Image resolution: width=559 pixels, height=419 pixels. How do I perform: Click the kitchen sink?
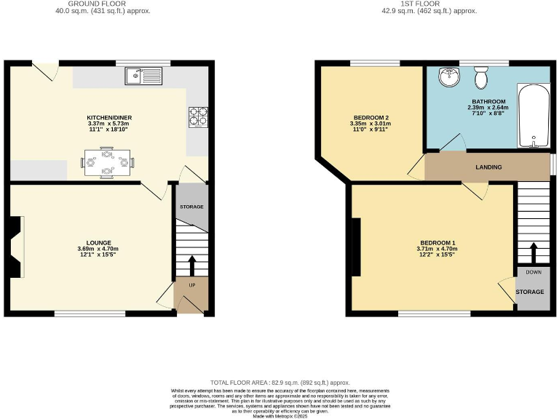click(144, 75)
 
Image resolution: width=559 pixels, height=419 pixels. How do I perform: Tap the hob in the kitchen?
click(198, 115)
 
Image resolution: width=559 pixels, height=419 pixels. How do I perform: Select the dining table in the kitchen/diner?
click(107, 162)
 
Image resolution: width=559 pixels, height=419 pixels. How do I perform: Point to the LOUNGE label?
click(98, 242)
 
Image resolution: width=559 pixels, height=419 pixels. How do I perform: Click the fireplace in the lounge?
click(15, 247)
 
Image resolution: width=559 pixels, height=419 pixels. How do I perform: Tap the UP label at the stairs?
click(192, 284)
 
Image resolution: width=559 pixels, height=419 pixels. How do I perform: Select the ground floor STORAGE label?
click(192, 207)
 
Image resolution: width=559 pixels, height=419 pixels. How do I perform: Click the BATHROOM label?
click(488, 102)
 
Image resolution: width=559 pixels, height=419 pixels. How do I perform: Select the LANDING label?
click(488, 167)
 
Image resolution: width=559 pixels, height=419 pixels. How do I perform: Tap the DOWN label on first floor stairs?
click(534, 273)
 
